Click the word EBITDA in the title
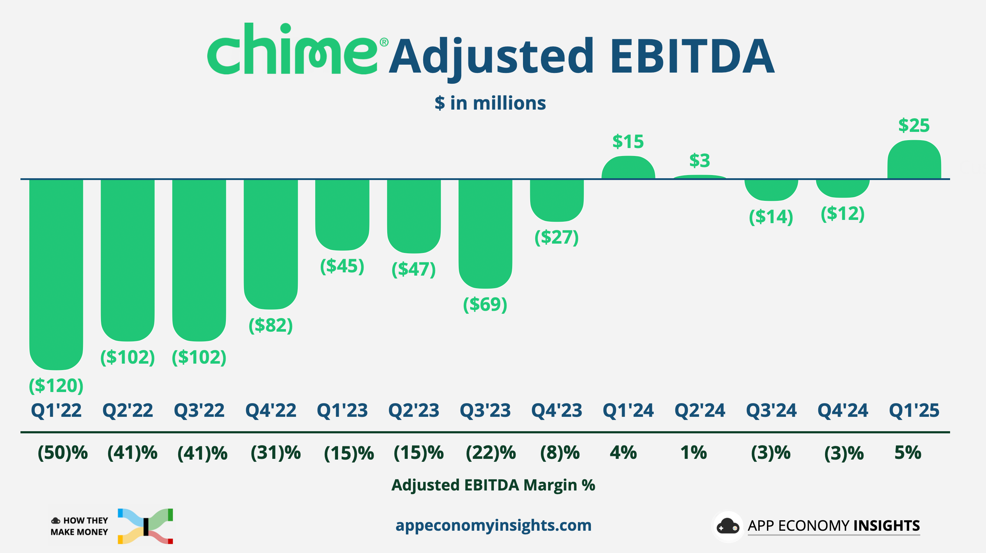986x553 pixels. click(x=692, y=57)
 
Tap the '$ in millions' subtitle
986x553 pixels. click(x=490, y=103)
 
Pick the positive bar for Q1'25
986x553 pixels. click(x=914, y=160)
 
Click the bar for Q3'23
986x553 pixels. click(x=485, y=232)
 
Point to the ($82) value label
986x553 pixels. click(x=270, y=325)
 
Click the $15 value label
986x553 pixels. click(x=628, y=142)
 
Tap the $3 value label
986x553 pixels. click(x=699, y=161)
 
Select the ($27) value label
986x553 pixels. click(x=556, y=237)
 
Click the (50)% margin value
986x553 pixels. click(x=63, y=453)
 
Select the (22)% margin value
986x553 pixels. click(x=491, y=453)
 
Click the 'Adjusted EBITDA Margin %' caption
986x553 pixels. click(x=493, y=485)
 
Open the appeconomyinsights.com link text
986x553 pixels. click(x=493, y=525)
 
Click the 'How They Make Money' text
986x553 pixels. click(x=80, y=526)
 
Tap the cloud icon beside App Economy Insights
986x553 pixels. click(x=727, y=526)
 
